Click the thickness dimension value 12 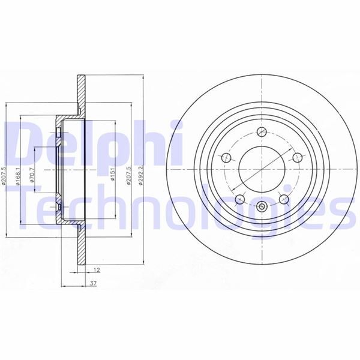coord(89,271)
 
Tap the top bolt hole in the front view coord(262,131)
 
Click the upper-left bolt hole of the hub coord(227,158)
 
